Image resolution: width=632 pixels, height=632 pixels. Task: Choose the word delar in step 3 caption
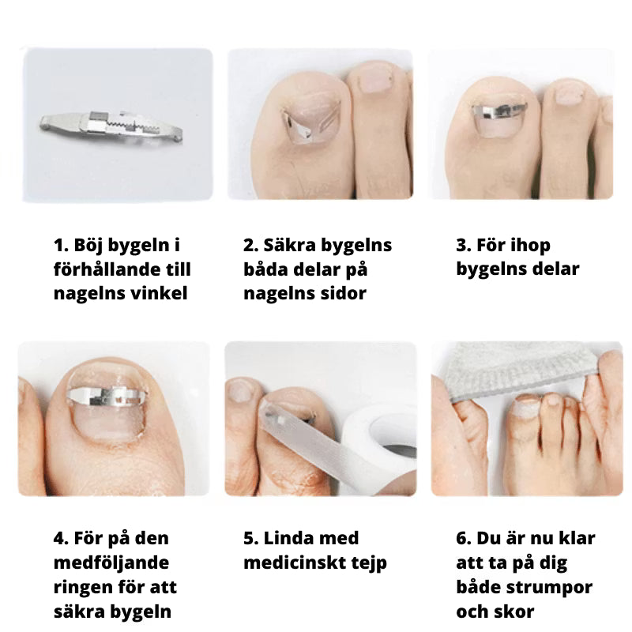pyautogui.click(x=555, y=269)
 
